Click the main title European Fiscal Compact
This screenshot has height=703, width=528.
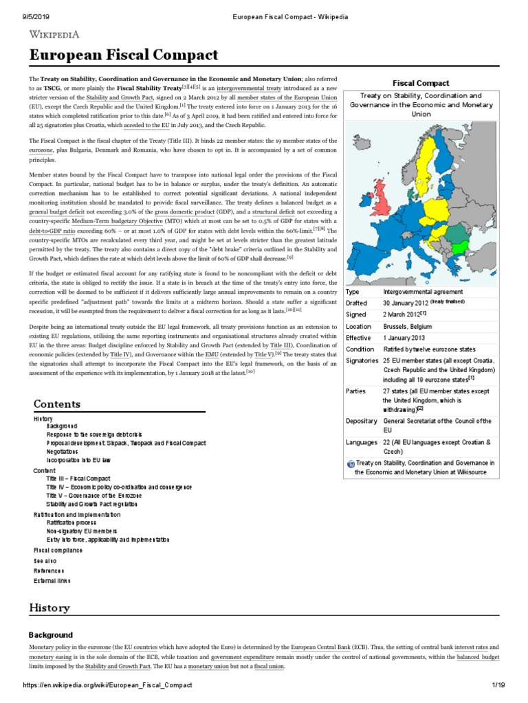pyautogui.click(x=123, y=55)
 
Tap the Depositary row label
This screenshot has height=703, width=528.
pyautogui.click(x=362, y=421)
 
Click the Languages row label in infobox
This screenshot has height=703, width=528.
pyautogui.click(x=362, y=443)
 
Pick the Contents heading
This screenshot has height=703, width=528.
pyautogui.click(x=57, y=404)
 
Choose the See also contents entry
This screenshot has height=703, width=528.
pyautogui.click(x=45, y=560)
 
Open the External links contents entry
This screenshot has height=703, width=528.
pyautogui.click(x=52, y=580)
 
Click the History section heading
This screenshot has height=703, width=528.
pyautogui.click(x=49, y=608)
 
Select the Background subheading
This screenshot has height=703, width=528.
pyautogui.click(x=50, y=635)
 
